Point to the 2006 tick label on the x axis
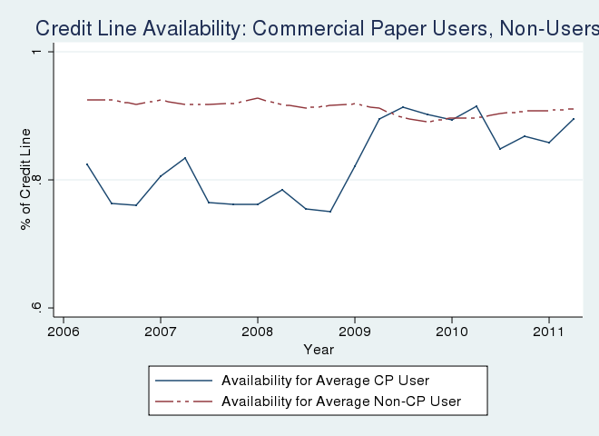tap(64, 332)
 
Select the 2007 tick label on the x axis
tap(161, 332)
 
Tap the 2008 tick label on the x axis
tap(258, 332)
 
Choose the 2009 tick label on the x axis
tap(355, 332)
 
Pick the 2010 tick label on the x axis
tap(452, 332)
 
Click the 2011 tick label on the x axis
tap(549, 332)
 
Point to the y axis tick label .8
tap(34, 180)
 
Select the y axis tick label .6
tap(34, 309)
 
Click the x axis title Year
tap(319, 350)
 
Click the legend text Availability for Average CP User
tap(325, 380)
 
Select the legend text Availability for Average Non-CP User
tap(341, 401)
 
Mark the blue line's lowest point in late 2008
tap(330, 212)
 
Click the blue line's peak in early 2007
tap(185, 158)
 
